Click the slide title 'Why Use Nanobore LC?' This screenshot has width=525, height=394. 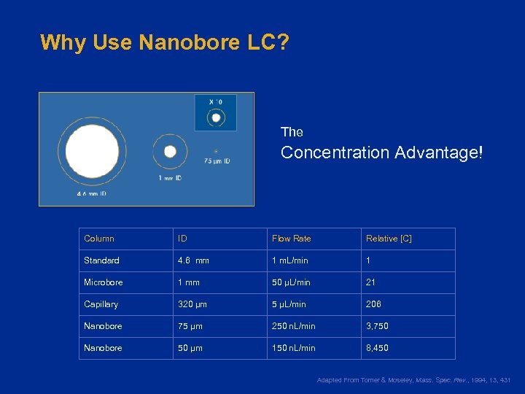click(x=165, y=42)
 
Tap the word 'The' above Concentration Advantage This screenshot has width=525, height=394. click(x=292, y=132)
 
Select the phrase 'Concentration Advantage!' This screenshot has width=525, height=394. click(x=381, y=152)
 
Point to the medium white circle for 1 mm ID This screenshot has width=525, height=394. click(x=170, y=152)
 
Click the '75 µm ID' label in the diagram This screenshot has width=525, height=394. click(x=217, y=161)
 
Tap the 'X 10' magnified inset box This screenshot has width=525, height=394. click(x=216, y=113)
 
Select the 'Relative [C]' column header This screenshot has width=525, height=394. click(x=389, y=239)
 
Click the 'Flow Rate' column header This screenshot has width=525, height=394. click(x=291, y=239)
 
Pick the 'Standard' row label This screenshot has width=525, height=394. click(x=101, y=260)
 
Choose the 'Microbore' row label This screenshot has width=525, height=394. click(x=104, y=282)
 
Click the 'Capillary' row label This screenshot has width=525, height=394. click(x=101, y=304)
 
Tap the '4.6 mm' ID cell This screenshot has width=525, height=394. click(x=193, y=260)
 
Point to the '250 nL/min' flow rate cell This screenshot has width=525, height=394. click(x=294, y=326)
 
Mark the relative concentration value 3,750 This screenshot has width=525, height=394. click(x=377, y=326)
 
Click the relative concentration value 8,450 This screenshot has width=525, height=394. click(x=377, y=348)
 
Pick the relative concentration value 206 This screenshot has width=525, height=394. click(x=373, y=304)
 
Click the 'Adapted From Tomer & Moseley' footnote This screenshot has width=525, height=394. click(x=413, y=380)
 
